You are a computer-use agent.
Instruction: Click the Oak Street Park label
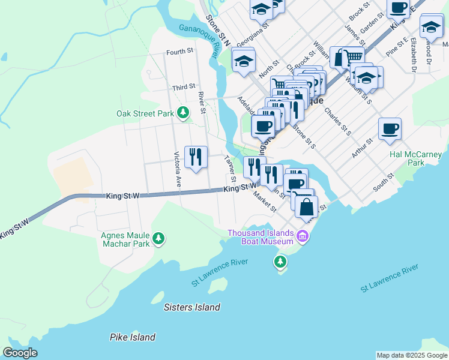coord(145,113)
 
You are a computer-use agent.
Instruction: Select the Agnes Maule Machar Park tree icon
coord(158,239)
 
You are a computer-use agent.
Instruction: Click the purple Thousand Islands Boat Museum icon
coord(303,238)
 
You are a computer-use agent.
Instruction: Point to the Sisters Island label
coord(191,307)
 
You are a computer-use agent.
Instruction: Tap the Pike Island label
coord(133,337)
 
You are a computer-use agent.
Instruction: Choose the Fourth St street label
coord(179,52)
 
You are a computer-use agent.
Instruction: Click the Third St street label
coord(184,88)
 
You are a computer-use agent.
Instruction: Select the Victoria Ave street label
coord(178,169)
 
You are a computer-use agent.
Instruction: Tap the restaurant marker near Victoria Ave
coord(196,158)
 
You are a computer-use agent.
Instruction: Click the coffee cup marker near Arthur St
coord(390,128)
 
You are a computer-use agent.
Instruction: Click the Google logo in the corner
coord(20,353)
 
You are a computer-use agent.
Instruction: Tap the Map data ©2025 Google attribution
coord(411,355)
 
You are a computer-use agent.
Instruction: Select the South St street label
coord(382,182)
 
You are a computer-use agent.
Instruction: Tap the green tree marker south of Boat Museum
coord(280,262)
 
